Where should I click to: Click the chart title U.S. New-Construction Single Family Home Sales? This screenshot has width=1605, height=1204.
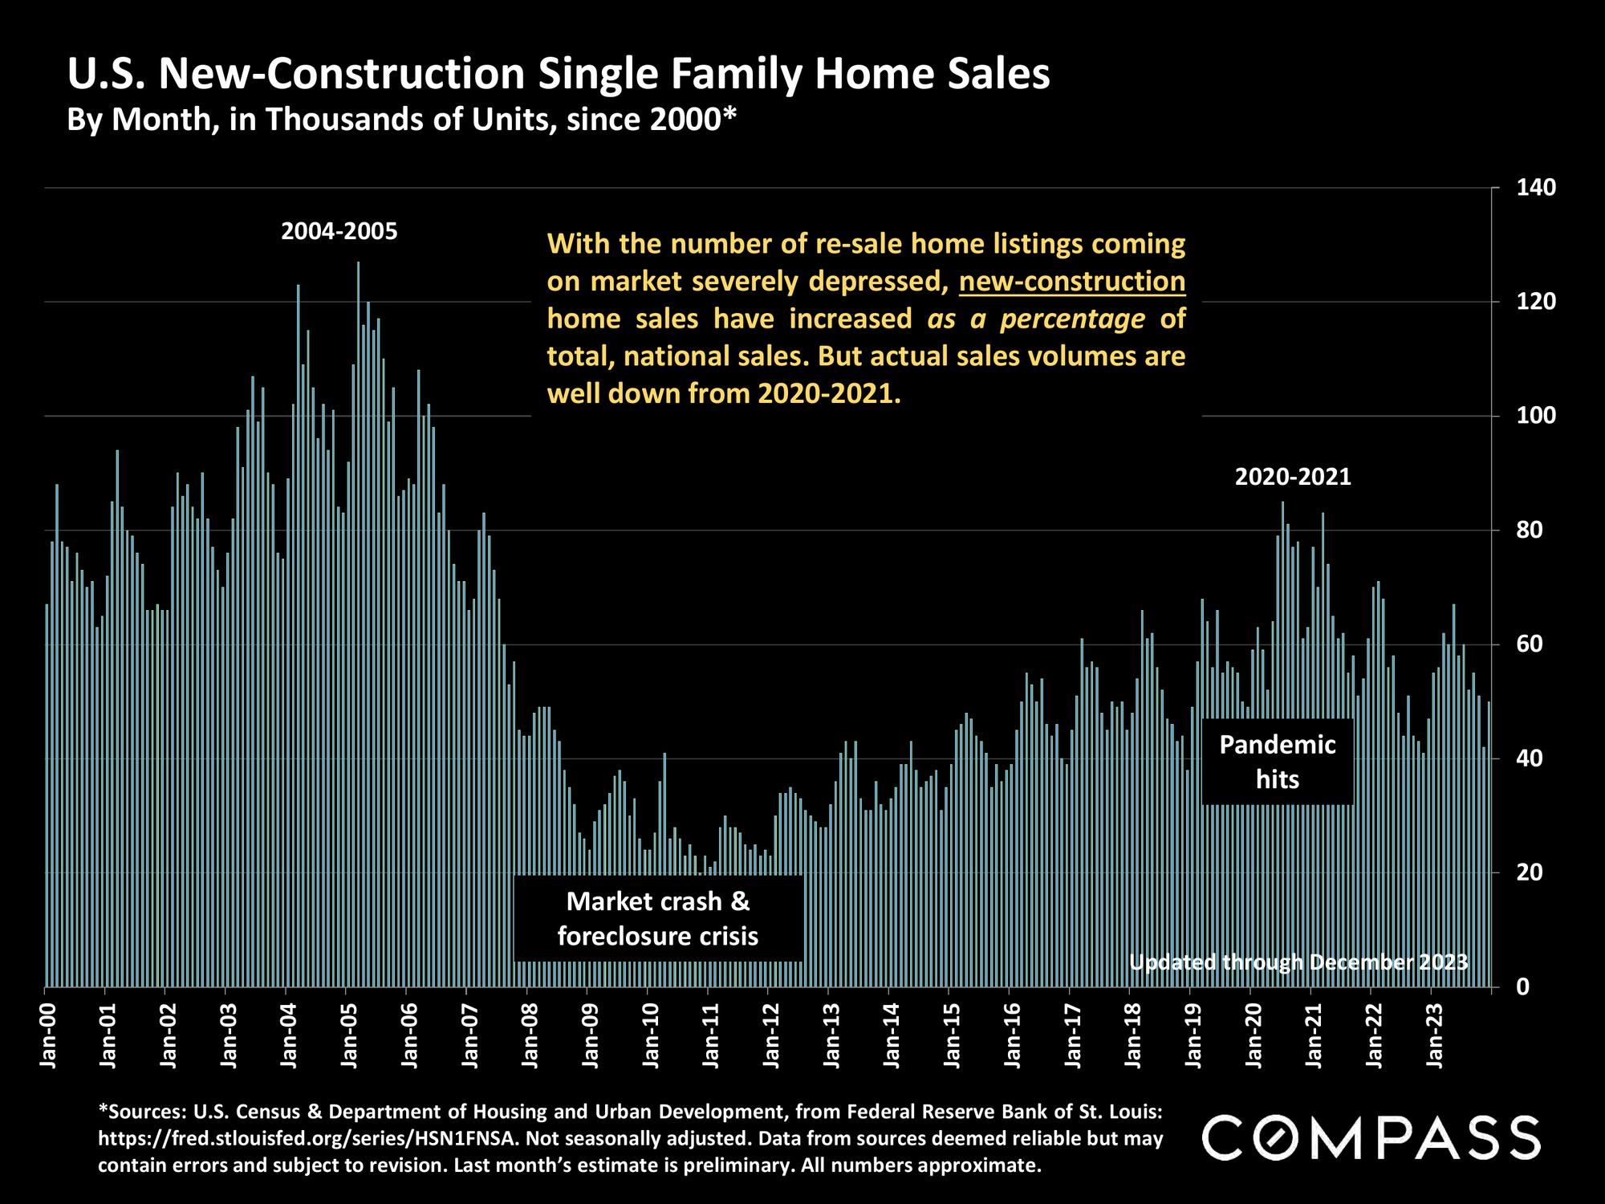(559, 75)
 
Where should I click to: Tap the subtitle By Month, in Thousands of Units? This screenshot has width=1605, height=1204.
(401, 120)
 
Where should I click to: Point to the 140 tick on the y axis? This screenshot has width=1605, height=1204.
(1537, 188)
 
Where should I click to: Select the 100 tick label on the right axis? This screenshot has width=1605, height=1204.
(1537, 416)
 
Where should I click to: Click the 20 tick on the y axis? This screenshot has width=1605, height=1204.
(1528, 872)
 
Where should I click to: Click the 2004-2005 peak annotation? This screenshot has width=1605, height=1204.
(339, 232)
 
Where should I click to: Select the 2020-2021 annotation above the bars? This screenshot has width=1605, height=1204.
(1293, 478)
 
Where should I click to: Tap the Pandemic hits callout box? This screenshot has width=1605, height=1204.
(1278, 762)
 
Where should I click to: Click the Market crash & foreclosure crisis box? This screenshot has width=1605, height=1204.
(658, 919)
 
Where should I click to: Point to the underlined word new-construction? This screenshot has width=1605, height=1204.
(1072, 282)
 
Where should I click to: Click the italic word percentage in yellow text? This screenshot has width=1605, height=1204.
(1072, 319)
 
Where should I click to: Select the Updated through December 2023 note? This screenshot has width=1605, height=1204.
(1298, 962)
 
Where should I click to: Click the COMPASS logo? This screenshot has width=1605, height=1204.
(1371, 1137)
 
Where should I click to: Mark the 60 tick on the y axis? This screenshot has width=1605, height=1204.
(1528, 645)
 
